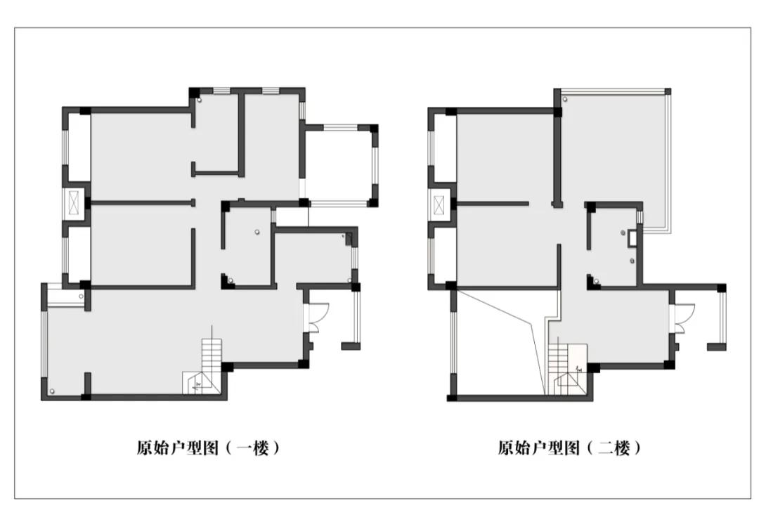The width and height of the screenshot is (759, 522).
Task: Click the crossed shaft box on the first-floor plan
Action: (74, 202)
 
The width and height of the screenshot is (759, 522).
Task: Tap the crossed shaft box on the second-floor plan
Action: (439, 204)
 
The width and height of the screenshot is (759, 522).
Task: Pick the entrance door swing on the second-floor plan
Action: (684, 318)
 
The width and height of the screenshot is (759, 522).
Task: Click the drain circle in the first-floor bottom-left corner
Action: (52, 391)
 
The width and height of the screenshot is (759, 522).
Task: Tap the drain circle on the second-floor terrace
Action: (565, 100)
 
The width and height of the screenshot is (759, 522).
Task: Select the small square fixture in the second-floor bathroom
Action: (632, 238)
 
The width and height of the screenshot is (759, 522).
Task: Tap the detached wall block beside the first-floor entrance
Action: (351, 346)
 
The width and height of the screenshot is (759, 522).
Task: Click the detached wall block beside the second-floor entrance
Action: (716, 347)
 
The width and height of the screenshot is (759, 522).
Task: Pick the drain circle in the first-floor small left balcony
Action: (81, 296)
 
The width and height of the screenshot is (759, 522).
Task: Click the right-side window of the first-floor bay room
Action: (374, 164)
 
